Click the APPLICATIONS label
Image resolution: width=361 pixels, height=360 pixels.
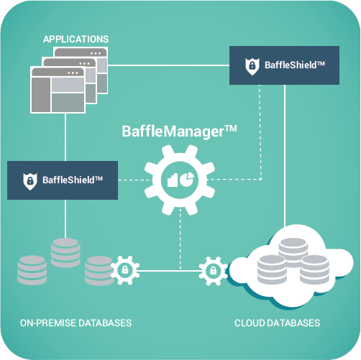[76, 40]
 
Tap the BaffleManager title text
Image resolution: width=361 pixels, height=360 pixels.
[179, 131]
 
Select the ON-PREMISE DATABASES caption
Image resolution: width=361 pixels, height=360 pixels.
[76, 323]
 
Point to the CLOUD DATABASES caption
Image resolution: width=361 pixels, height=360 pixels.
[277, 323]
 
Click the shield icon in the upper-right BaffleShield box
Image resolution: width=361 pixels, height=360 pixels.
[252, 66]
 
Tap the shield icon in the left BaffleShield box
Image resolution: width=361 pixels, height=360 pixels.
[30, 181]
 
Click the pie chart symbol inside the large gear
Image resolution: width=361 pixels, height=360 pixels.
[187, 179]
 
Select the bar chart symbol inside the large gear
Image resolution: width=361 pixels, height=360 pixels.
[173, 180]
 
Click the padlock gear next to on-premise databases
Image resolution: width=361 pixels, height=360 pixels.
[124, 270]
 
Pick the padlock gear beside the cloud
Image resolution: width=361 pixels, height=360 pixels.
[213, 271]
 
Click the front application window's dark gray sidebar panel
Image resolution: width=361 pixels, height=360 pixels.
[41, 95]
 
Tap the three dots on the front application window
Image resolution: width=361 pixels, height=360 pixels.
[73, 73]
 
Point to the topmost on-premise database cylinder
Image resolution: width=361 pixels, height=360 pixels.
[65, 253]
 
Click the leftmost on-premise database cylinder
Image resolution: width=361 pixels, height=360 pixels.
[32, 270]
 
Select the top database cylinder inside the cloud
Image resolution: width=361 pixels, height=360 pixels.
[293, 249]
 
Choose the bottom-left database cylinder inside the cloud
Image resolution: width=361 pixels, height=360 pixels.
[272, 269]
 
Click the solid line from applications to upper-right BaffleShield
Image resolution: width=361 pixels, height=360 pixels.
[168, 65]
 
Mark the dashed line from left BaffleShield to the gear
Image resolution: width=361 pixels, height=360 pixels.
[136, 180]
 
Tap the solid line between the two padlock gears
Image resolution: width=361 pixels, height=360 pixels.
[169, 271]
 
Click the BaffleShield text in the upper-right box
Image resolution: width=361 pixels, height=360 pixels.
[295, 65]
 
